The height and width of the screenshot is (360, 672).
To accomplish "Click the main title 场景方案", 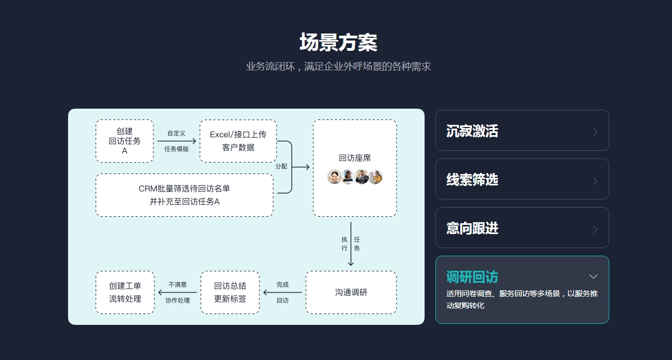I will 338,43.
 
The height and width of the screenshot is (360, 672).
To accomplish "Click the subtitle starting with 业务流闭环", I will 338,67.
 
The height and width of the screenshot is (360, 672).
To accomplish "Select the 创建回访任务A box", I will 125,141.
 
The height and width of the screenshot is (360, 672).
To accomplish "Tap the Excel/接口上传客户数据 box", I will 238,141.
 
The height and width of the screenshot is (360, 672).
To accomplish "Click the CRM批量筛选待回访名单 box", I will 184,195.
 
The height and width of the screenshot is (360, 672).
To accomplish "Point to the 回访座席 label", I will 355,158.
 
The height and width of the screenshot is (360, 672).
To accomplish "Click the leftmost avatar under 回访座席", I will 334,177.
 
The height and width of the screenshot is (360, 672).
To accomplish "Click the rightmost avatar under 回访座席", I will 375,177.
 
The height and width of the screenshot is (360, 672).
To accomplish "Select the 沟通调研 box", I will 351,292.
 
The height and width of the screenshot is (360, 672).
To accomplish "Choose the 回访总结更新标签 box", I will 230,292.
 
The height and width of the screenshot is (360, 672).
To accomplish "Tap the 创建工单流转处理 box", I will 125,292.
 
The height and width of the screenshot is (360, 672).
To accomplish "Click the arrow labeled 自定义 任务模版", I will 177,141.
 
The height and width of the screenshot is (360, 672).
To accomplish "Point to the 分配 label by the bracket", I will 281,166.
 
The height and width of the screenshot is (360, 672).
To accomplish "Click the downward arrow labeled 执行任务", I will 351,244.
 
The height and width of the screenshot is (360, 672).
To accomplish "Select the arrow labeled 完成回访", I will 283,292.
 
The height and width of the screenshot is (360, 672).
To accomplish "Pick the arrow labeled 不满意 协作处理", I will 177,292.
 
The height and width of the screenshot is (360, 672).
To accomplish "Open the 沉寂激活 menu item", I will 522,131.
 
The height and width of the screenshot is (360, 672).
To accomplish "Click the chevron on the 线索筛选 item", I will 595,181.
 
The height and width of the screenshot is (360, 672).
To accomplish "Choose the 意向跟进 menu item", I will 522,228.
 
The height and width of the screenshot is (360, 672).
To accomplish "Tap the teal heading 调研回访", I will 472,277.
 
